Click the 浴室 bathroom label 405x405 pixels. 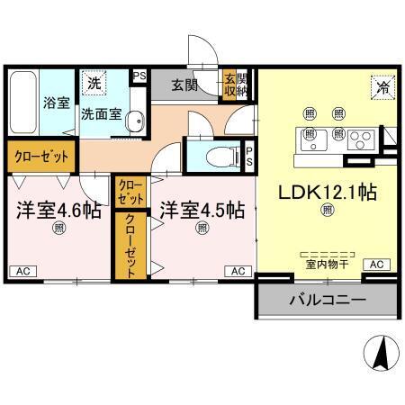pyautogui.click(x=57, y=103)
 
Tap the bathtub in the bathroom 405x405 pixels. pyautogui.click(x=24, y=102)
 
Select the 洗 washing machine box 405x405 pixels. pyautogui.click(x=94, y=83)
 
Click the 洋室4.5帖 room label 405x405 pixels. pyautogui.click(x=202, y=211)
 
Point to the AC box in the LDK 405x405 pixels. pyautogui.click(x=375, y=264)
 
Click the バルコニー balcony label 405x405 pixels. pyautogui.click(x=327, y=300)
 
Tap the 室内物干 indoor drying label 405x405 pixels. pyautogui.click(x=327, y=265)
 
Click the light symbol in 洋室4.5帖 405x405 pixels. pyautogui.click(x=202, y=229)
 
